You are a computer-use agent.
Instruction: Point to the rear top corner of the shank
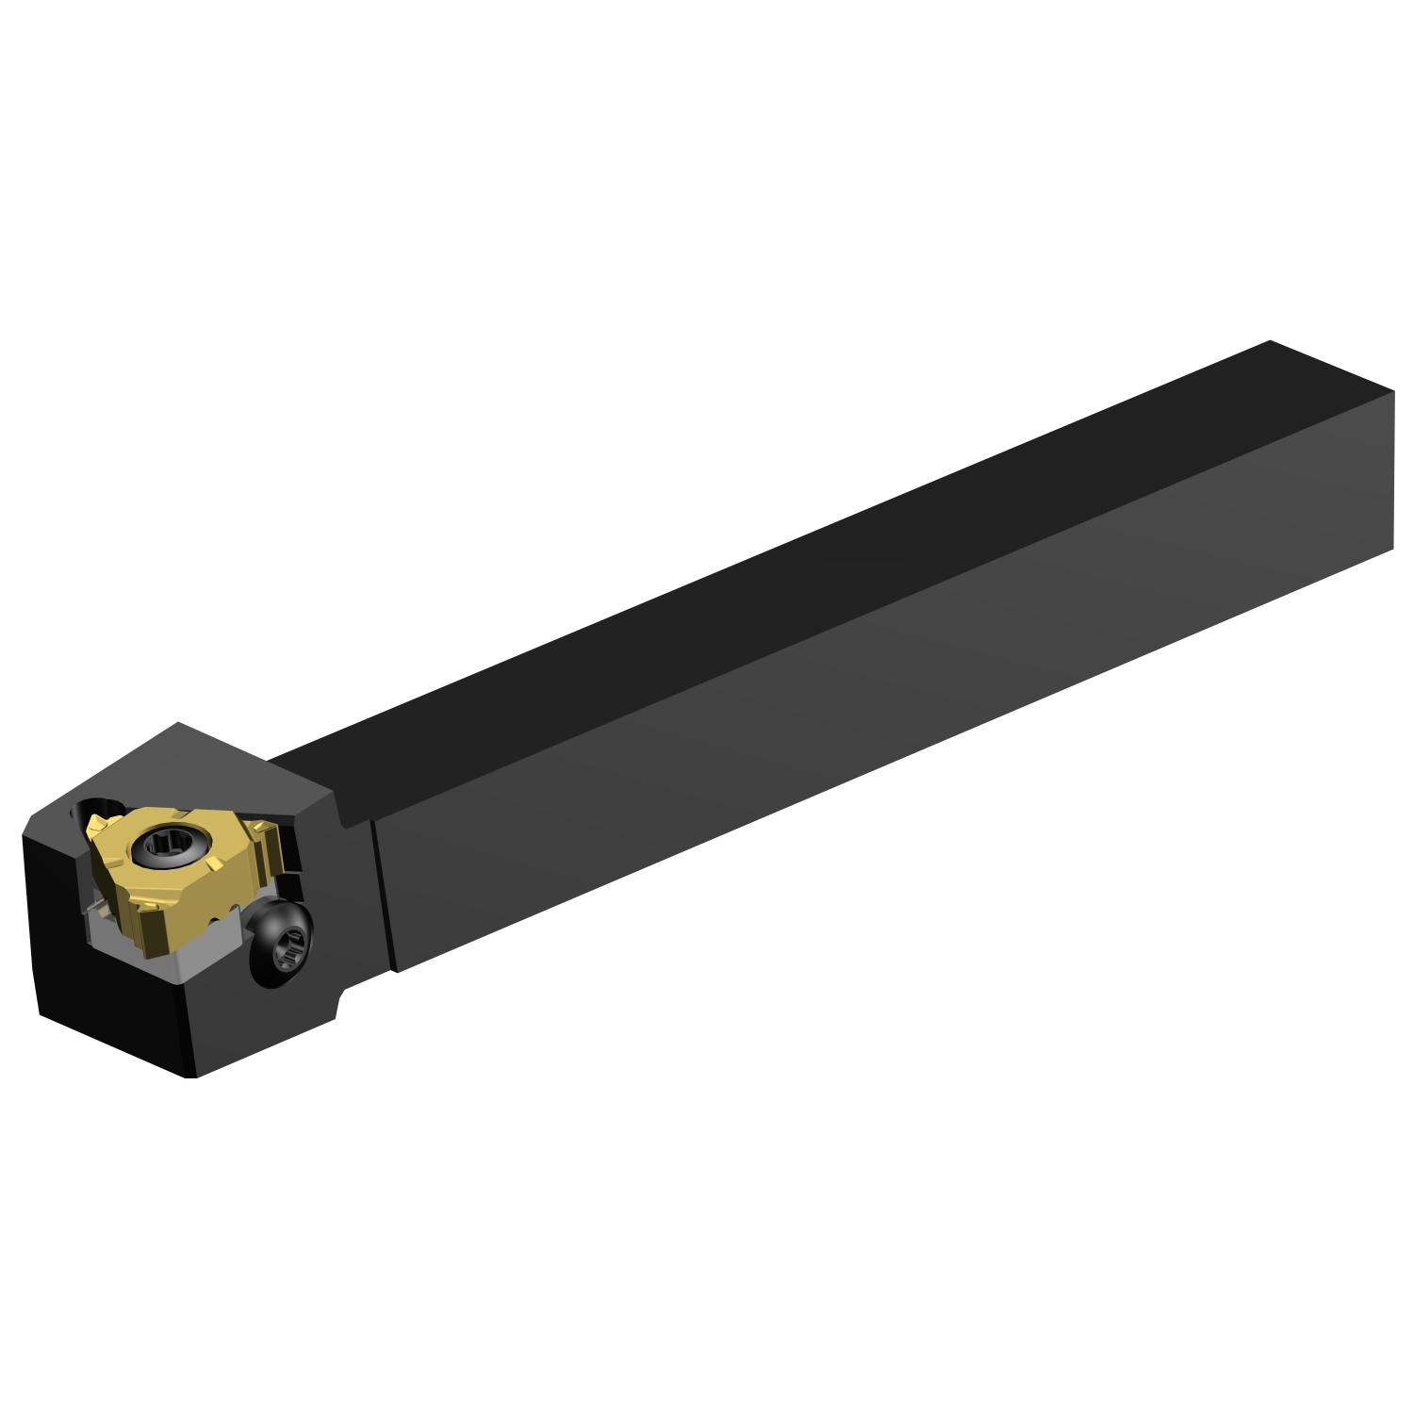point(1270,341)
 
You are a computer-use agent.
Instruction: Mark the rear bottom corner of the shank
point(1392,547)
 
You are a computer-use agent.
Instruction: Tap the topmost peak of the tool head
point(179,724)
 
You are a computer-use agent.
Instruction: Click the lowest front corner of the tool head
point(193,1077)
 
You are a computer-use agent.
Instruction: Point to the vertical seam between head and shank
point(385,896)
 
